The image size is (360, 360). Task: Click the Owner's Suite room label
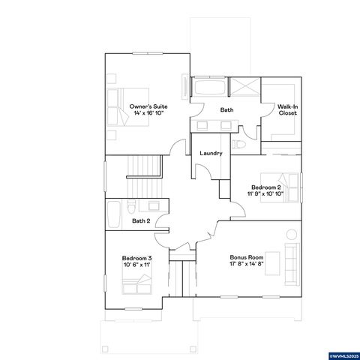(148, 106)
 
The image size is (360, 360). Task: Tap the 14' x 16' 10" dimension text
(148, 114)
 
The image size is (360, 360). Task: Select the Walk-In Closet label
(287, 110)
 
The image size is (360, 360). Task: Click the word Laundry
(211, 153)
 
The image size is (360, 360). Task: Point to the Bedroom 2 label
(266, 186)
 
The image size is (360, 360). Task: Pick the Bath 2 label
(141, 220)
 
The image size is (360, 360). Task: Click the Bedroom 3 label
(136, 258)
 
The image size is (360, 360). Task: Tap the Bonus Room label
(244, 258)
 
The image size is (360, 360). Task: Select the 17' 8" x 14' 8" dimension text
(244, 265)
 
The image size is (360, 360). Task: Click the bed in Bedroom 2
(288, 190)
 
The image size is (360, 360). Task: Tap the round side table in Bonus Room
(292, 235)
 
